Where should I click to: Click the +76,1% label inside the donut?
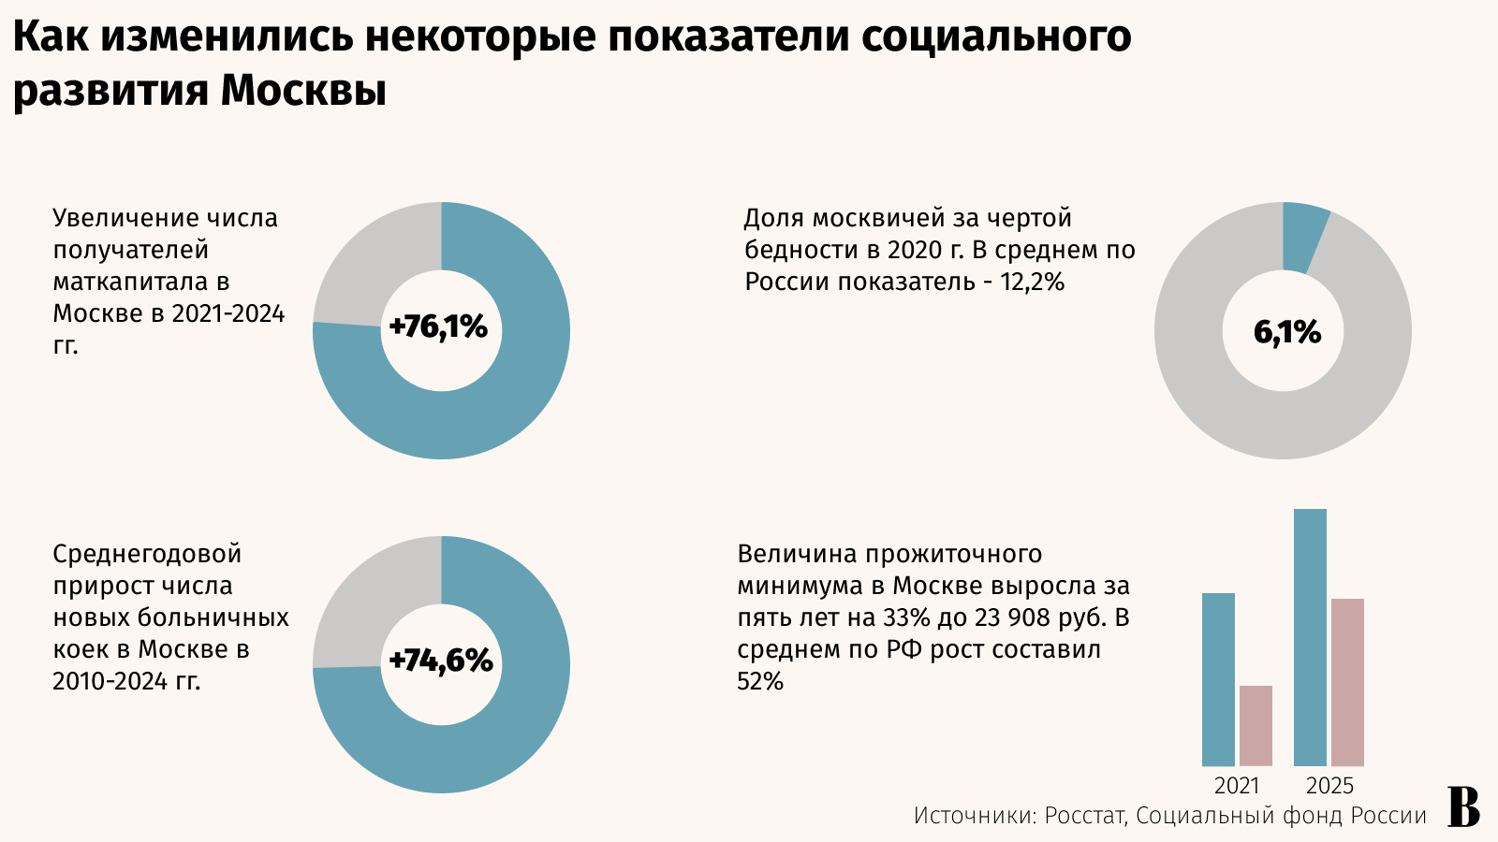click(x=438, y=327)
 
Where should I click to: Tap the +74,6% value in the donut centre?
click(x=440, y=661)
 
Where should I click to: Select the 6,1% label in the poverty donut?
click(x=1287, y=332)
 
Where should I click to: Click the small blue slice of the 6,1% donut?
click(x=1302, y=237)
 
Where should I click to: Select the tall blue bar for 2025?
click(x=1310, y=636)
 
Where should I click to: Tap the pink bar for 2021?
click(x=1256, y=726)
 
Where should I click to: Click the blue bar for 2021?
click(x=1218, y=679)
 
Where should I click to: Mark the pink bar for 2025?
click(x=1347, y=682)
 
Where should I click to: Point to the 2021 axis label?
click(x=1237, y=786)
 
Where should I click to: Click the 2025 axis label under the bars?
click(x=1329, y=786)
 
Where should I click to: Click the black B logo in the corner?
click(x=1463, y=807)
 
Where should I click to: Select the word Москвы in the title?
click(x=303, y=91)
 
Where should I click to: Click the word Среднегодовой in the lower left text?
click(x=147, y=554)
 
